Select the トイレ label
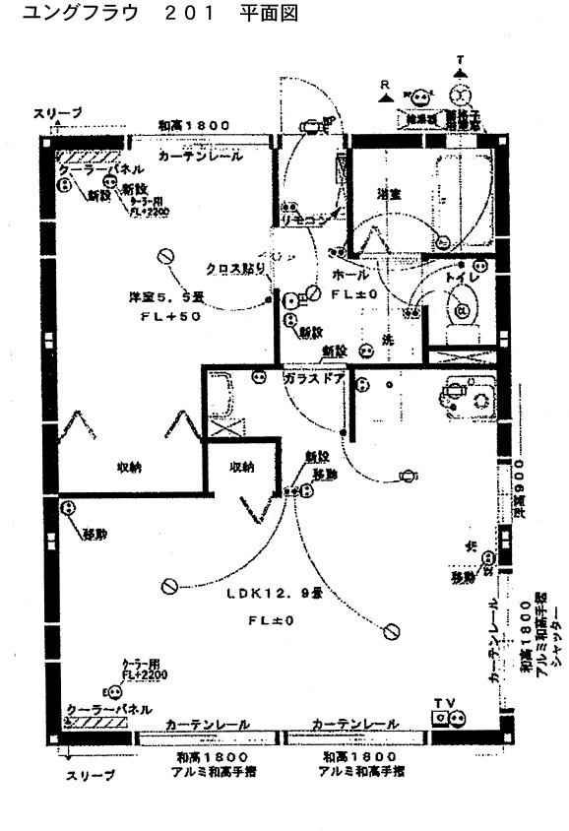(x=461, y=279)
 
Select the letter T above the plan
(x=460, y=61)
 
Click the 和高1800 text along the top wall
(x=193, y=126)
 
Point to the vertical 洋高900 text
(x=517, y=486)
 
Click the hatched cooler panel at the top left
(x=87, y=157)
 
